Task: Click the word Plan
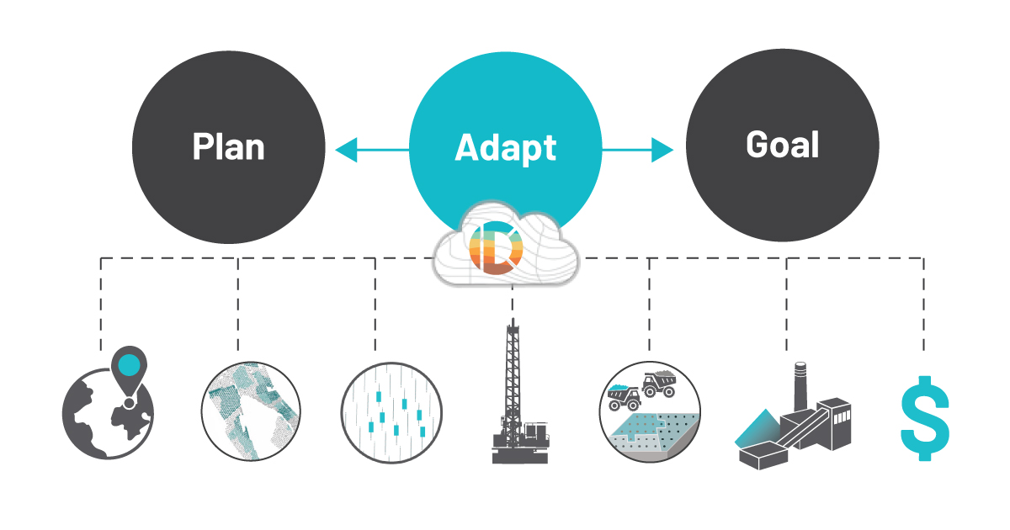[229, 146]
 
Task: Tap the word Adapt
[506, 148]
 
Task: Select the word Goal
[782, 145]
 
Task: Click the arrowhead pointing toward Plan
[346, 150]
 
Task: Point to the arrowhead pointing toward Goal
[662, 150]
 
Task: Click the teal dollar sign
[925, 418]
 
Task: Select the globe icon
[109, 414]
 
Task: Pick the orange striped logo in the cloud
[496, 248]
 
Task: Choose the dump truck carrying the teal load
[624, 397]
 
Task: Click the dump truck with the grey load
[659, 384]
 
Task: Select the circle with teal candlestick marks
[391, 413]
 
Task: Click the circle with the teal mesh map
[251, 411]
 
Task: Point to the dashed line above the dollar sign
[923, 305]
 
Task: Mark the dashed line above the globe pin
[100, 305]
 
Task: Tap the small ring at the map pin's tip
[129, 402]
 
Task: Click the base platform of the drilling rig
[520, 455]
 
